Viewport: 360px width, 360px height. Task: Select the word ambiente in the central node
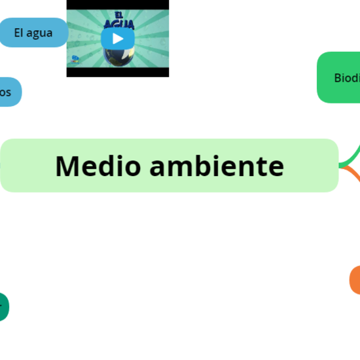pyautogui.click(x=217, y=166)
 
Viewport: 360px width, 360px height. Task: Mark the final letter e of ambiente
pyautogui.click(x=276, y=168)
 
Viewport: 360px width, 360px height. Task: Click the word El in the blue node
pyautogui.click(x=19, y=32)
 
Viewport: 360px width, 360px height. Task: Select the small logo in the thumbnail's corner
pyautogui.click(x=75, y=60)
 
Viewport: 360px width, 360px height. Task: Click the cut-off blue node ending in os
pyautogui.click(x=8, y=92)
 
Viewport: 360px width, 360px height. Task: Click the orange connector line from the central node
pyautogui.click(x=352, y=173)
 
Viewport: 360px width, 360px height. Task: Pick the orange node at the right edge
pyautogui.click(x=355, y=280)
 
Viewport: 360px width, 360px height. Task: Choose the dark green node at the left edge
pyautogui.click(x=3, y=306)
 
